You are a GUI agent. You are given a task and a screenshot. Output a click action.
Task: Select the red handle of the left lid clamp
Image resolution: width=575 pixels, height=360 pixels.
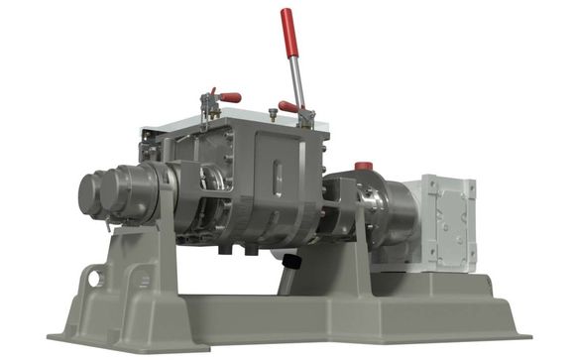(229, 97)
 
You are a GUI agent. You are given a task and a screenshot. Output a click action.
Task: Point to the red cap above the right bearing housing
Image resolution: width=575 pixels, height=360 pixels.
(364, 166)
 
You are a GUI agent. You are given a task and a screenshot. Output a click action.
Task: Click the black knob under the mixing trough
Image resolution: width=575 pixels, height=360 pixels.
(290, 261)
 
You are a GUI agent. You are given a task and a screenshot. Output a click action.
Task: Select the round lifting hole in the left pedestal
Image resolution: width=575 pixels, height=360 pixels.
(94, 278)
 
